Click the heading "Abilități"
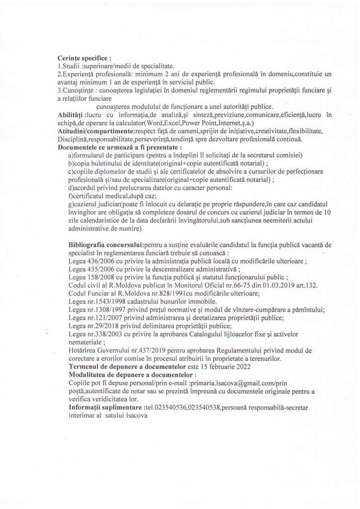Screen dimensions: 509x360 (72, 115)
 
